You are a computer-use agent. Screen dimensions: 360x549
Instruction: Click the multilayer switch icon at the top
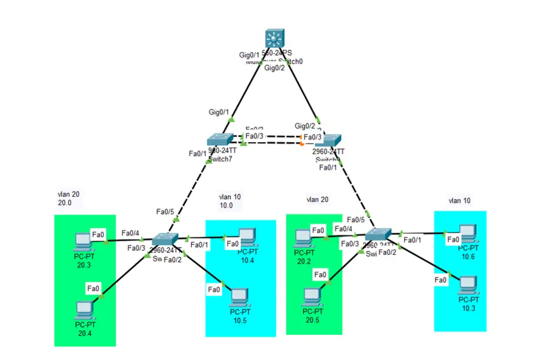coord(274,39)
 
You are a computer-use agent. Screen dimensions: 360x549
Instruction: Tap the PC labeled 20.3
coord(84,242)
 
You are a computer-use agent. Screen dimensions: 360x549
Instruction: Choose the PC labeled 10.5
coord(238,297)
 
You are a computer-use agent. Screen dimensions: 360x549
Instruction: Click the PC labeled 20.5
coord(312,297)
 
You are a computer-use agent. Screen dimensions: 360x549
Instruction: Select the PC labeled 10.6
coord(467,234)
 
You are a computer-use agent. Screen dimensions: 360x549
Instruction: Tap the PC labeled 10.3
coord(467,285)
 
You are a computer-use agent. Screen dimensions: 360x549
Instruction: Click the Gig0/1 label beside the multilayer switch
coord(249,55)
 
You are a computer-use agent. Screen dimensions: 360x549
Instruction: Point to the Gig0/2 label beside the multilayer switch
coord(274,68)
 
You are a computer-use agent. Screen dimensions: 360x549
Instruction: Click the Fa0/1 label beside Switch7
coord(198,154)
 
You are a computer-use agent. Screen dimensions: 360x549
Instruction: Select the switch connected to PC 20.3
coord(165,240)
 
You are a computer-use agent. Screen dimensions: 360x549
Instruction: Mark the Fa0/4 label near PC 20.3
coord(130,233)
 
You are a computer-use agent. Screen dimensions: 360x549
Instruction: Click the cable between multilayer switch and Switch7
coord(247,88)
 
